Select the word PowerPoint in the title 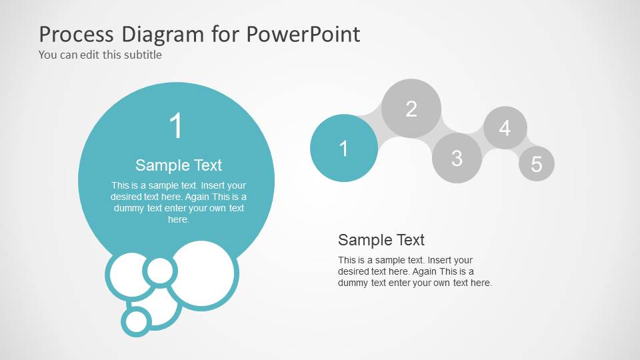[303, 33]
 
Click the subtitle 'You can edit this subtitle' [100, 55]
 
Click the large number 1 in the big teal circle [176, 126]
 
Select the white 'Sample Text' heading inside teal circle [178, 165]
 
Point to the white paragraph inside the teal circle [178, 202]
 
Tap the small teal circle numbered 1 [343, 148]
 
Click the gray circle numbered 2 [411, 108]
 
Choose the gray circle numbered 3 [457, 158]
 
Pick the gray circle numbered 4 [505, 127]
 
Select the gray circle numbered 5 [537, 164]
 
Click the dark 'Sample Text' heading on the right [381, 240]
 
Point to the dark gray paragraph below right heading [415, 271]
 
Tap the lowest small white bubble [137, 321]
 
